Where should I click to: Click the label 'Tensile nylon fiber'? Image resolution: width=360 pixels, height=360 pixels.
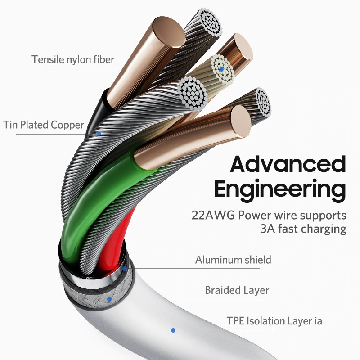pos(73,59)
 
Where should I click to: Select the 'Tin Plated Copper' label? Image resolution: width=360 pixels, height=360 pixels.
pos(44,125)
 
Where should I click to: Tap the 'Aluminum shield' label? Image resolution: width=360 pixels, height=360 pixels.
pos(233,260)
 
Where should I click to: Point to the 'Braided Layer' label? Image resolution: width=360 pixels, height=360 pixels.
pos(237,290)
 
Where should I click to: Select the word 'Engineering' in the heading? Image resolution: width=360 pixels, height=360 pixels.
pos(280,189)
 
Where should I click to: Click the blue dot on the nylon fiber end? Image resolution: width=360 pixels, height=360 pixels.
pos(221,69)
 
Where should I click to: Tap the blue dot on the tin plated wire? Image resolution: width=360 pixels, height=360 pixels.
pos(99,134)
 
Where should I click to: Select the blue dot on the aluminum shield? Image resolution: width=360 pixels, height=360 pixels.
pos(125,269)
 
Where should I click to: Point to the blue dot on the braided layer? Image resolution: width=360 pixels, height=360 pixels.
pos(108,298)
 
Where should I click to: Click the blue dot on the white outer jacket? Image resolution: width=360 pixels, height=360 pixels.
pos(173,330)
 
